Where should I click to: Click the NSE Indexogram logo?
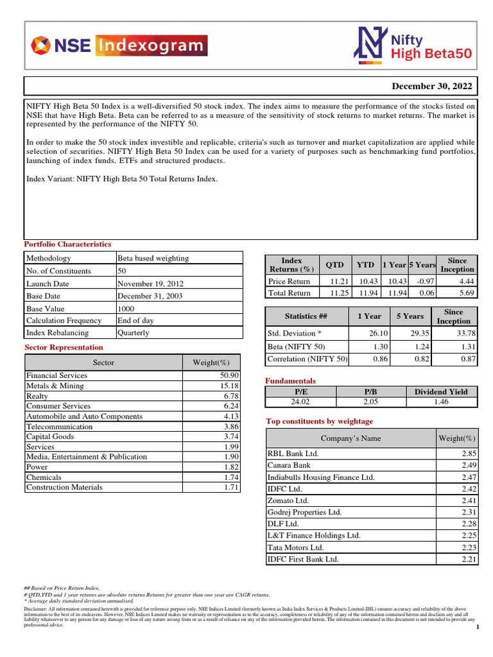point(119,46)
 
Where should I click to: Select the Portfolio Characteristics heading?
point(67,244)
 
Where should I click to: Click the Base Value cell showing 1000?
point(126,308)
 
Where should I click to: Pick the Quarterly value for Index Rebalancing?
point(134,333)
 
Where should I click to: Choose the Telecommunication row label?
point(59,426)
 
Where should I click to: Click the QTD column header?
point(334,264)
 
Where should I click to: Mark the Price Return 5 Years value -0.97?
point(425,281)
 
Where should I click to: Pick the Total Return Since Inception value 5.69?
point(466,293)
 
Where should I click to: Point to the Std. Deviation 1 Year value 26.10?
point(379,333)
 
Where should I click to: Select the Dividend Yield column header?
point(441,391)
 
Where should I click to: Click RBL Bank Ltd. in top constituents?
point(293,453)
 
